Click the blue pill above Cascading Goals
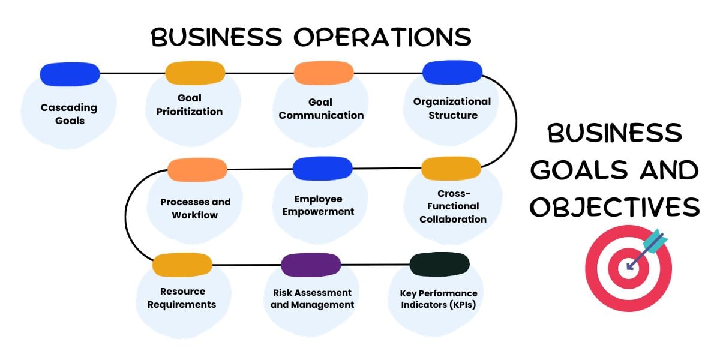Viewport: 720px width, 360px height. pyautogui.click(x=70, y=74)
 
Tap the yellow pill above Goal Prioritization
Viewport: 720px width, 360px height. pyautogui.click(x=195, y=73)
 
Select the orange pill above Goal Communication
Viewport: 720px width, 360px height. pyautogui.click(x=323, y=73)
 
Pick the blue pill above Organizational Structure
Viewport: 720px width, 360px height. pyautogui.click(x=452, y=72)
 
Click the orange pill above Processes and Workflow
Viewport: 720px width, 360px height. pyautogui.click(x=197, y=170)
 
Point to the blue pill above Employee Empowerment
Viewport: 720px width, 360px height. pyautogui.click(x=322, y=169)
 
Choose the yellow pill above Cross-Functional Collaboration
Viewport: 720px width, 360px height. pyautogui.click(x=451, y=169)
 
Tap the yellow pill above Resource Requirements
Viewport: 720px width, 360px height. pyautogui.click(x=182, y=265)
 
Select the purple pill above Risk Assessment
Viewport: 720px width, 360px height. pyautogui.click(x=311, y=265)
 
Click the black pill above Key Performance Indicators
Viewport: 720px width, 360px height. pyautogui.click(x=439, y=264)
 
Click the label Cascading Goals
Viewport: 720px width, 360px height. pyautogui.click(x=69, y=114)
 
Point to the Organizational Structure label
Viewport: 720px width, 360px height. pyautogui.click(x=452, y=108)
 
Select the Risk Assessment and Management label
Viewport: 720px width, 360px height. pyautogui.click(x=312, y=298)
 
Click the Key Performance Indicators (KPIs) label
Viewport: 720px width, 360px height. pyautogui.click(x=439, y=299)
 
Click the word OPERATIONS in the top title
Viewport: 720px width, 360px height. pyautogui.click(x=383, y=37)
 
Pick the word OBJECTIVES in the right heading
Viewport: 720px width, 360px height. pyautogui.click(x=615, y=207)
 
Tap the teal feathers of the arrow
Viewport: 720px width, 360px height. pyautogui.click(x=656, y=239)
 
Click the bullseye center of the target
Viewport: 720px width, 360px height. pyautogui.click(x=628, y=266)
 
